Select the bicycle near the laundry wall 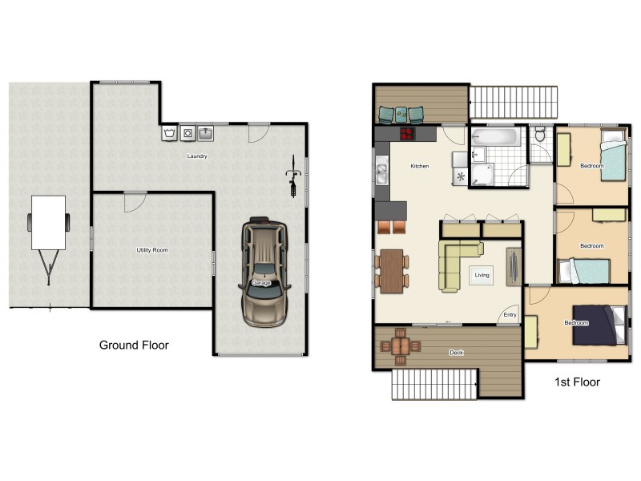[x=294, y=176]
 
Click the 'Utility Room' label [x=152, y=251]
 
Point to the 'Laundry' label [x=196, y=156]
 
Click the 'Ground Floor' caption [x=134, y=346]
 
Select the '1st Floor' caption [x=577, y=382]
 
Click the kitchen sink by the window [x=382, y=172]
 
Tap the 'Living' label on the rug [x=482, y=275]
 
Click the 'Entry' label [x=510, y=315]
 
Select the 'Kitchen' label [x=420, y=167]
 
